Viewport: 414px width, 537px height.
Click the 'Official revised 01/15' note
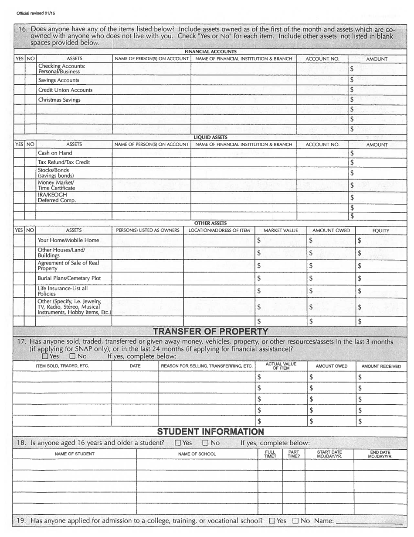33,13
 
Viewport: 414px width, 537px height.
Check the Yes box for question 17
45,356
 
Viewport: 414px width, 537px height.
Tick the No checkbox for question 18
206,443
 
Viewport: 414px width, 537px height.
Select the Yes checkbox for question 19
272,521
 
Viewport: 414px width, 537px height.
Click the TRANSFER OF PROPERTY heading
210,331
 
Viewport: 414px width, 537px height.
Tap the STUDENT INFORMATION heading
210,432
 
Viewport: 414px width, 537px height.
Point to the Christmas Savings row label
59,100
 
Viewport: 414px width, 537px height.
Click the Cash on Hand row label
55,153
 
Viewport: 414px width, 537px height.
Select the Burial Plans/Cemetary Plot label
69,278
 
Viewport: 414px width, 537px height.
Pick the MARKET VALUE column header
281,230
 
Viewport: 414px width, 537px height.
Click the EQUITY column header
381,230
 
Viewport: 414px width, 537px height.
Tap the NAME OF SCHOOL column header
197,454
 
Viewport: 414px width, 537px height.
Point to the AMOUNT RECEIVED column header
381,366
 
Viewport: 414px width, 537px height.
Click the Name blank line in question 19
369,521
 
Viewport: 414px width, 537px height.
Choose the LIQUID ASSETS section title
210,137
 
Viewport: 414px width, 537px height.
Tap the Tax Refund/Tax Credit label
64,162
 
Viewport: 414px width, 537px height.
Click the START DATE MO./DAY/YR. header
329,454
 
